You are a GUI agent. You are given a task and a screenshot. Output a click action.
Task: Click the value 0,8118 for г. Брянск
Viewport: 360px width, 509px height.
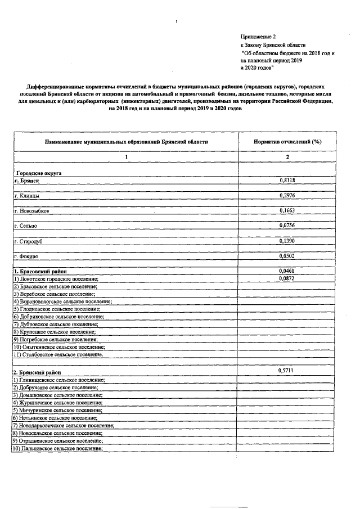click(x=287, y=181)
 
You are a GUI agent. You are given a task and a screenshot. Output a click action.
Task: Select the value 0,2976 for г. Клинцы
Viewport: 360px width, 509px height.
click(x=287, y=196)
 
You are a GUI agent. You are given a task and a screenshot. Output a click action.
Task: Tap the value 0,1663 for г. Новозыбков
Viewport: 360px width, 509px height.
click(x=287, y=211)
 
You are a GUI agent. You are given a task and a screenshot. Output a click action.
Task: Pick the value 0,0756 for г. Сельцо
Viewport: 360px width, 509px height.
click(x=287, y=226)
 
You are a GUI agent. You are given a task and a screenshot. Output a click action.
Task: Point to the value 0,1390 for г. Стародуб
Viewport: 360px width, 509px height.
click(x=287, y=241)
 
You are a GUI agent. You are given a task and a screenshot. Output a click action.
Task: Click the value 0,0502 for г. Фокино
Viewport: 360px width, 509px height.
click(x=287, y=256)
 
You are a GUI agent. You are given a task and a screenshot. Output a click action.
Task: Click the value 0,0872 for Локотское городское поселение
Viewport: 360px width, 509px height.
click(x=287, y=278)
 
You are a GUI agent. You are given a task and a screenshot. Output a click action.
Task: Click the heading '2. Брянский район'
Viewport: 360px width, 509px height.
click(x=37, y=373)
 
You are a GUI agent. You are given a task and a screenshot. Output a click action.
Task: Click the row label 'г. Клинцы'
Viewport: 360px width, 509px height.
click(x=26, y=196)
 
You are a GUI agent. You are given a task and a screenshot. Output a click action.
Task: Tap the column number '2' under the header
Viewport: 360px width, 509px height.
click(x=287, y=157)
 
